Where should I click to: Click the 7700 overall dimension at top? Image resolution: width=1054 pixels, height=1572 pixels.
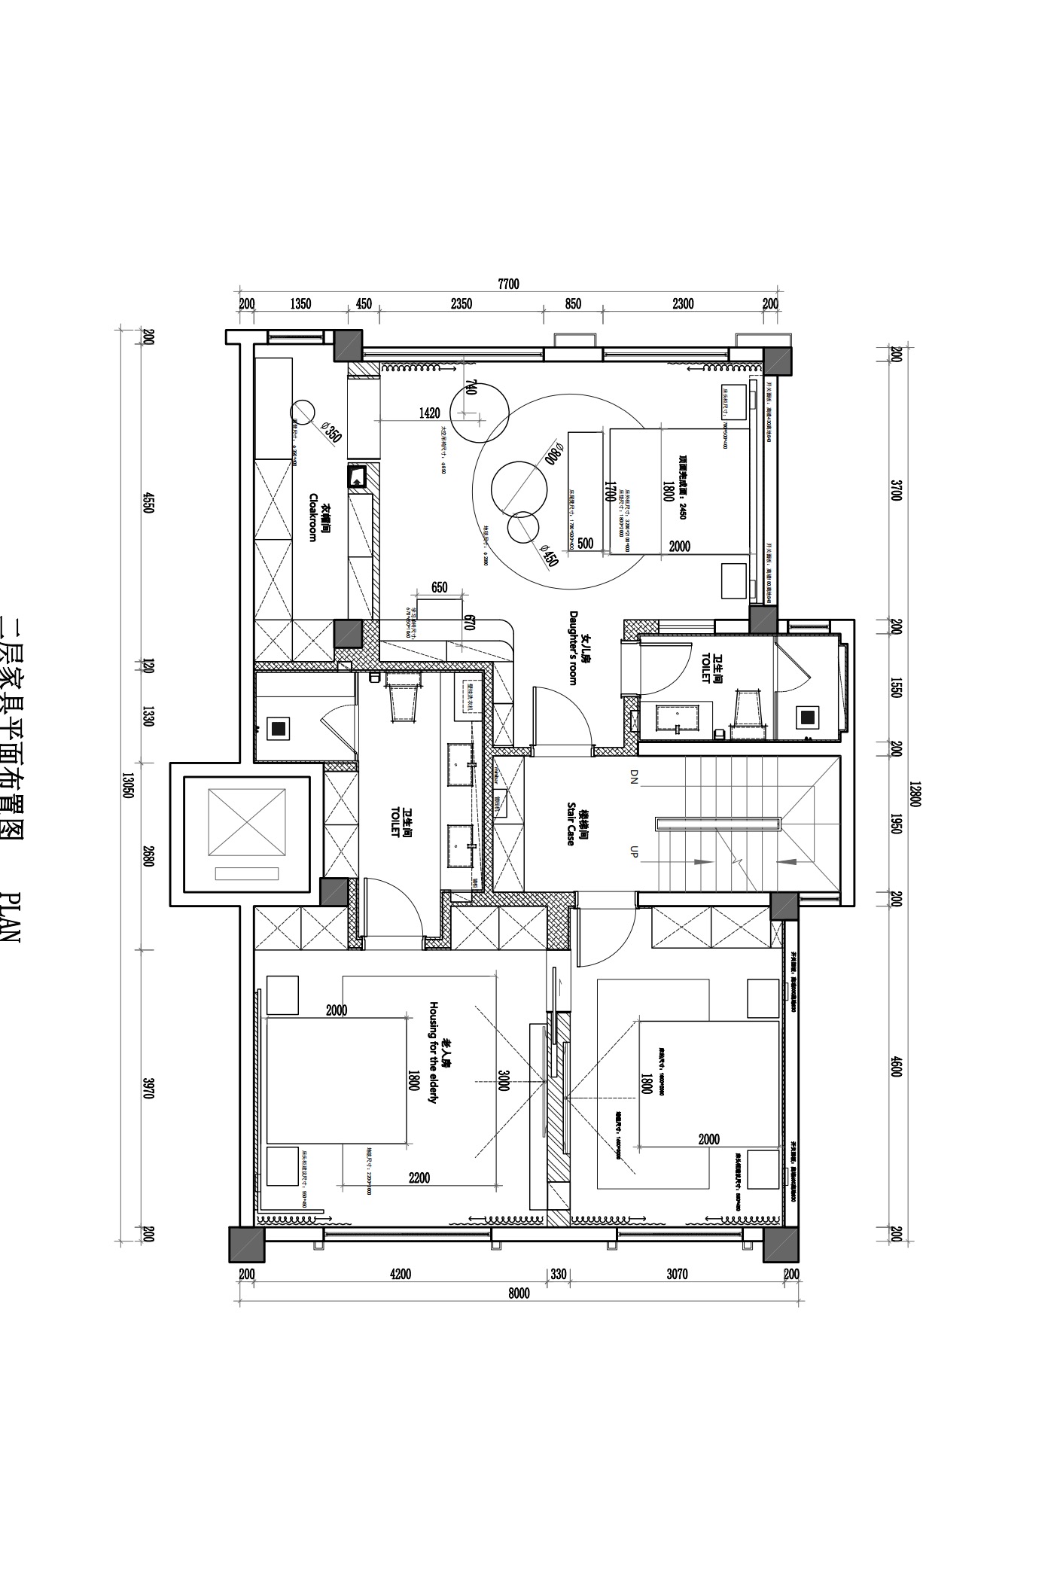click(508, 284)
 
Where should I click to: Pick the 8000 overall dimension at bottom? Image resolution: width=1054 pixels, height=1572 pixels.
click(519, 1293)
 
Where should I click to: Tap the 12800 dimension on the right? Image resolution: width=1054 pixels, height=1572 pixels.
click(915, 794)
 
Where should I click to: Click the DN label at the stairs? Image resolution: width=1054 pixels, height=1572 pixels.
click(634, 777)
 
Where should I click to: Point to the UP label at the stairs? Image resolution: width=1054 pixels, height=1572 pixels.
click(634, 851)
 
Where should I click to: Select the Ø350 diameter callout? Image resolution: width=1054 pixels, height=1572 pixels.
click(331, 432)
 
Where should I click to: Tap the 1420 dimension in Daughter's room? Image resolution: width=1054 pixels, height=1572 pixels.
click(429, 413)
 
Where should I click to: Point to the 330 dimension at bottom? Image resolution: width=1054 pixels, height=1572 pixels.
click(558, 1275)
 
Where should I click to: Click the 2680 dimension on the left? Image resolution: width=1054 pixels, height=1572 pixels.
click(148, 857)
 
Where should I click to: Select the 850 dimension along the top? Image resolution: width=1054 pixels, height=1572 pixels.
click(573, 304)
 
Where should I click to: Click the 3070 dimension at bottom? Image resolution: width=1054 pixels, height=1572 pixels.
click(677, 1275)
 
